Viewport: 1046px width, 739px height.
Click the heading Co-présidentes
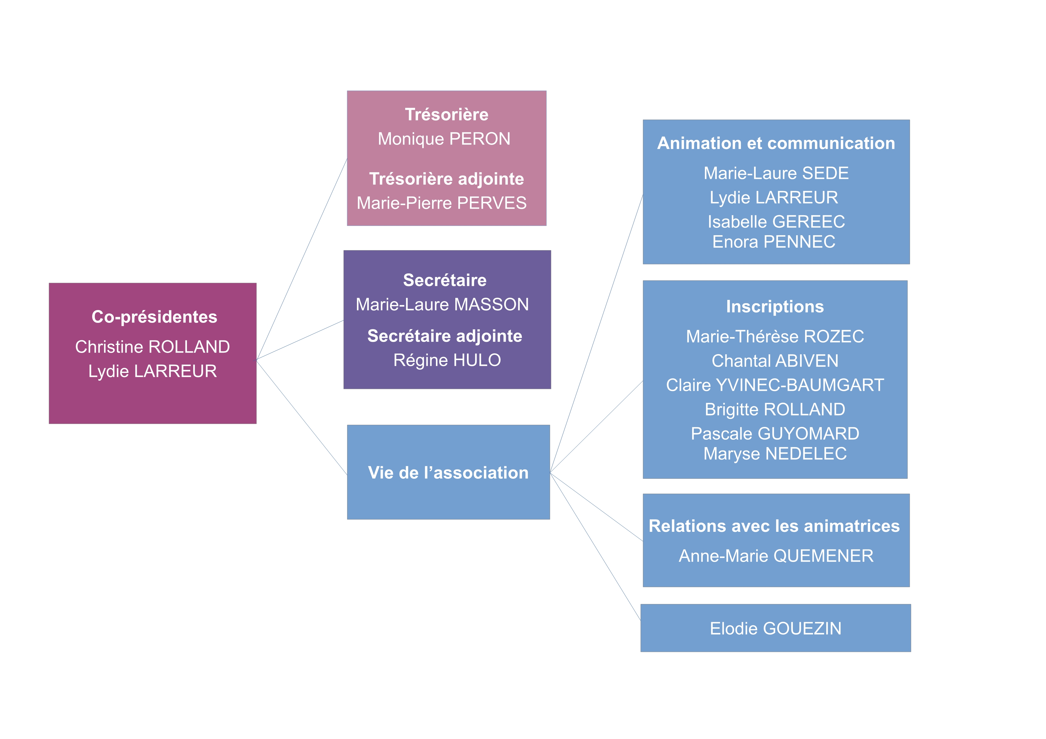point(154,317)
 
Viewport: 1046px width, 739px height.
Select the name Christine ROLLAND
point(153,347)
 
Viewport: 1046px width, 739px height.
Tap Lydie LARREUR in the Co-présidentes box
point(153,371)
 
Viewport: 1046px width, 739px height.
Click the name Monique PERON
point(444,139)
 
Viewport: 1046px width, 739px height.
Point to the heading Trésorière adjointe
point(446,179)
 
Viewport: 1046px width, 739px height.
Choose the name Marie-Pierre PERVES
point(442,203)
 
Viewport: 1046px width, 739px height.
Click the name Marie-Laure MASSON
point(442,305)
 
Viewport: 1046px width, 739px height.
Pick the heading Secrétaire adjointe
point(445,336)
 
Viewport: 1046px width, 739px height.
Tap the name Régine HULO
point(447,360)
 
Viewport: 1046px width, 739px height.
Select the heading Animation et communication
point(776,143)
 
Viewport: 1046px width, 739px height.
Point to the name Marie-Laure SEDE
point(776,173)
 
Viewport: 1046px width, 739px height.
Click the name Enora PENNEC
point(773,242)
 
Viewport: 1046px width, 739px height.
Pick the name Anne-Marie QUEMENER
point(776,556)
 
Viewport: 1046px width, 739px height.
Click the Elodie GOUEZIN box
point(775,628)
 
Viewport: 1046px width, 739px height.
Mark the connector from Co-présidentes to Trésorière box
point(302,259)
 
